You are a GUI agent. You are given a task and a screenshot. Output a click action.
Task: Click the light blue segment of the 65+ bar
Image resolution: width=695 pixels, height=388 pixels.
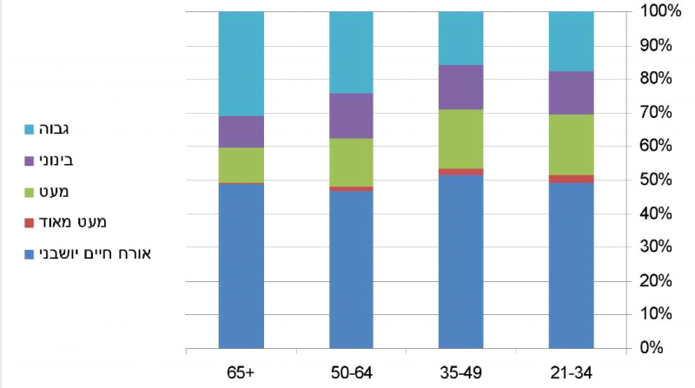click(241, 63)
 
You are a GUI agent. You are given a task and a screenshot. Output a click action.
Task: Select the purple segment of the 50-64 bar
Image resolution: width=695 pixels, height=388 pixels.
click(351, 115)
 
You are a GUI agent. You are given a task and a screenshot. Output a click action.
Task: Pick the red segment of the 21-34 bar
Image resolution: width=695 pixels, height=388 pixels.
click(571, 179)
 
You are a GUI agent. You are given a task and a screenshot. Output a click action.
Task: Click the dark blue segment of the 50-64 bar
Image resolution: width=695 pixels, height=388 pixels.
click(351, 269)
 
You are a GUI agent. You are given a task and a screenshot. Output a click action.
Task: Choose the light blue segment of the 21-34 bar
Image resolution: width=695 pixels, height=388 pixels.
click(571, 41)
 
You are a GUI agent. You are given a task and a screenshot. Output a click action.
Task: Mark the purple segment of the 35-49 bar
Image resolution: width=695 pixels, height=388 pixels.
click(461, 87)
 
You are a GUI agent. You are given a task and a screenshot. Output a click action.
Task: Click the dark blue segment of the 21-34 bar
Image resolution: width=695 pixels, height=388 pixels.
click(571, 266)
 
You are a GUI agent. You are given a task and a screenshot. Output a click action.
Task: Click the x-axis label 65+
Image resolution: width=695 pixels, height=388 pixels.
click(241, 372)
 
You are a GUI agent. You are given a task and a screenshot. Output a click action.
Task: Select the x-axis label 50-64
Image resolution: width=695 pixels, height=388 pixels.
click(351, 372)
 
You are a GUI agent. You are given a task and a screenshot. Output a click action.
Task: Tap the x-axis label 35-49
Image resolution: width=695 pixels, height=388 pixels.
click(461, 372)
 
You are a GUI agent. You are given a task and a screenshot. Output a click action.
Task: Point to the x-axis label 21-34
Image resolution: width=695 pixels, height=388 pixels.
click(571, 372)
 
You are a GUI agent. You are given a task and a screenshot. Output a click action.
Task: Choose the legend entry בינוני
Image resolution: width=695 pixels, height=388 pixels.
click(53, 161)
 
